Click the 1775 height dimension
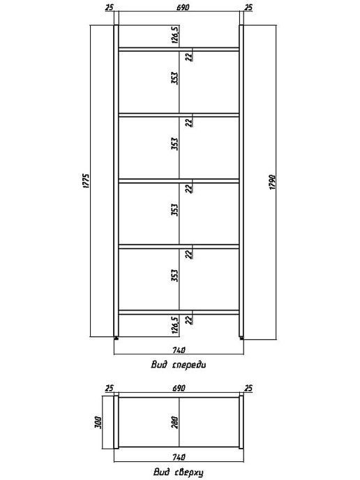click(x=87, y=181)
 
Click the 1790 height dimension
click(x=273, y=182)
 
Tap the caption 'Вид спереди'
click(x=179, y=365)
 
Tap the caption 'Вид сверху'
click(x=179, y=472)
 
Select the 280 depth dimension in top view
click(x=175, y=422)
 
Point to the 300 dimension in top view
click(x=98, y=422)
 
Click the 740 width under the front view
click(x=179, y=350)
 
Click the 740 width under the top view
click(x=179, y=458)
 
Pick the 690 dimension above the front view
click(x=183, y=8)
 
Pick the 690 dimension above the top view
click(x=179, y=388)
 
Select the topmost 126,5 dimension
click(x=175, y=35)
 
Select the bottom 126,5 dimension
click(x=175, y=325)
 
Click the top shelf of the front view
click(x=179, y=50)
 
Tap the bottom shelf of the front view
click(x=179, y=313)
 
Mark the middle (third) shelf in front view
click(x=179, y=181)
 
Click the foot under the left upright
click(x=116, y=338)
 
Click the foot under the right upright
click(x=241, y=338)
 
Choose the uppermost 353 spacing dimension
click(x=175, y=78)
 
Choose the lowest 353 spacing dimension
click(x=175, y=276)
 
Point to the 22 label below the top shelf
click(x=190, y=57)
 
